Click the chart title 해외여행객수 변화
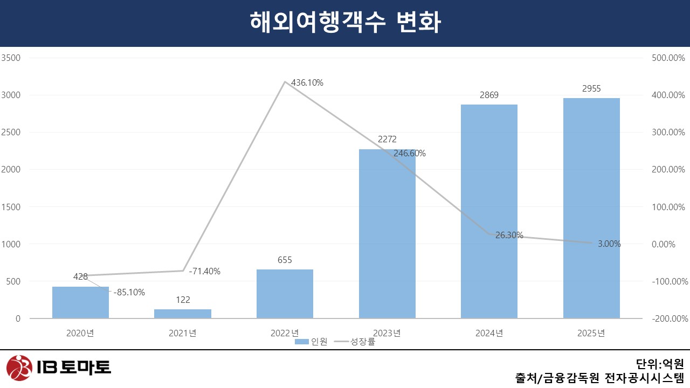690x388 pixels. (x=345, y=23)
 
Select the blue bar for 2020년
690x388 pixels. (x=80, y=303)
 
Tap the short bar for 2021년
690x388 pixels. (x=183, y=314)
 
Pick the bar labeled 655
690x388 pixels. (x=285, y=294)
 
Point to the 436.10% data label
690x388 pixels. (x=307, y=82)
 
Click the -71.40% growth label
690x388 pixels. (x=204, y=271)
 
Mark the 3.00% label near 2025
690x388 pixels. (x=609, y=244)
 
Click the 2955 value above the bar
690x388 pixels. (x=591, y=89)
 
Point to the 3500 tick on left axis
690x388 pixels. (x=12, y=58)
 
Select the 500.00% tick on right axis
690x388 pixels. (x=668, y=58)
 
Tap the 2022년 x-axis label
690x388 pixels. (x=285, y=333)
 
